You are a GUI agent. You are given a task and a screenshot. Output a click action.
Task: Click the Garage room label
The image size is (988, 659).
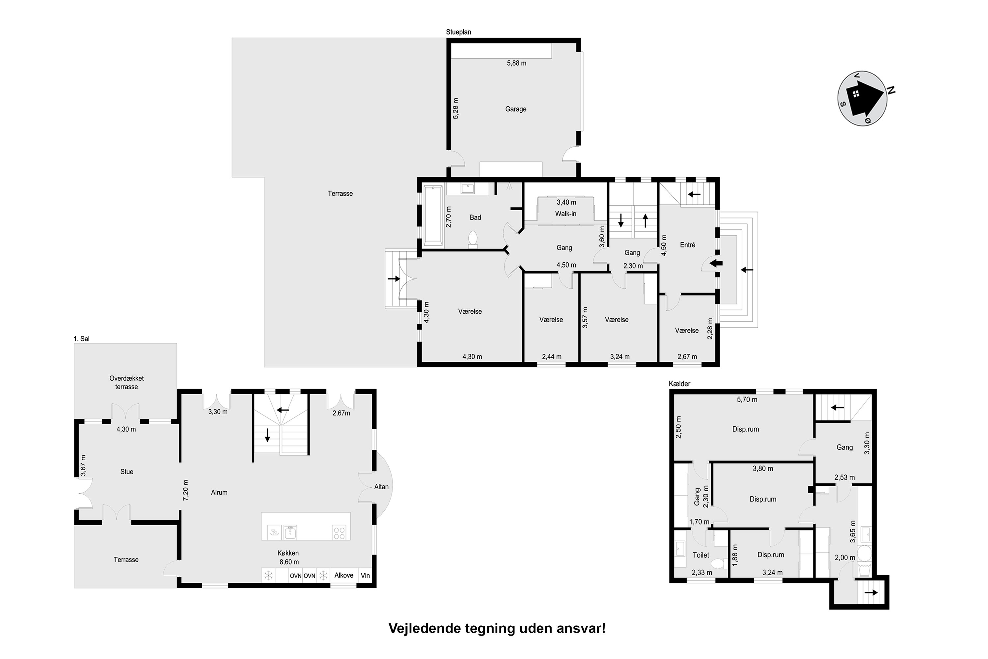pyautogui.click(x=515, y=109)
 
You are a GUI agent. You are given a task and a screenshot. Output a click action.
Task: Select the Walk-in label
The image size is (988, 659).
pyautogui.click(x=565, y=214)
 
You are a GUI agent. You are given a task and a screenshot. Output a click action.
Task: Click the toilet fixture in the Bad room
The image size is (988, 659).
pyautogui.click(x=473, y=239)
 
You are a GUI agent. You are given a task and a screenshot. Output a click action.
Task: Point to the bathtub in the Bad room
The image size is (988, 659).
pyautogui.click(x=433, y=215)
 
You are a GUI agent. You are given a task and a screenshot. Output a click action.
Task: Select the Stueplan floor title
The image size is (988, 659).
pyautogui.click(x=458, y=32)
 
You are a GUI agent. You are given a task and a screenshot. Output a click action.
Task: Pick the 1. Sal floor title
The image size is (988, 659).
pyautogui.click(x=81, y=339)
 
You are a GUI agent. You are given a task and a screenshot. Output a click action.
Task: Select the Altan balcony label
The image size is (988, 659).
pyautogui.click(x=381, y=487)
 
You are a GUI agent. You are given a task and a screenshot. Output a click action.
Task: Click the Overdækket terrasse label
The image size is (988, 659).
pyautogui.click(x=126, y=383)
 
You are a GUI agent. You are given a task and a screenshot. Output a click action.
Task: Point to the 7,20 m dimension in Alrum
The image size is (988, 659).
pyautogui.click(x=186, y=490)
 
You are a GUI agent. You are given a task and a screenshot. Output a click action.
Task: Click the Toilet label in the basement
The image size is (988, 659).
pyautogui.click(x=701, y=555)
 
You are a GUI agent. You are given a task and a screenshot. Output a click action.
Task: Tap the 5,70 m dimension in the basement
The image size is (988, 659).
pyautogui.click(x=747, y=400)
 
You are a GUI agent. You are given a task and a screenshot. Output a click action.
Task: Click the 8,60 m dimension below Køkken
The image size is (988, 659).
pyautogui.click(x=289, y=562)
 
